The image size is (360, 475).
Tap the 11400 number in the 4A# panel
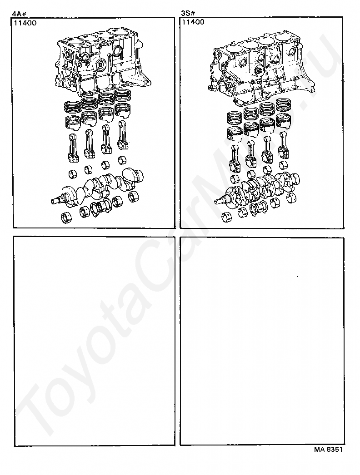[25, 23]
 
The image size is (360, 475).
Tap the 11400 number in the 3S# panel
[193, 22]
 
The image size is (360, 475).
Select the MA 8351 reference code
[328, 450]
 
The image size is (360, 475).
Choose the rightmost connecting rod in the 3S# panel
[284, 144]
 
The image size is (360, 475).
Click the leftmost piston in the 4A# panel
[73, 123]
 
